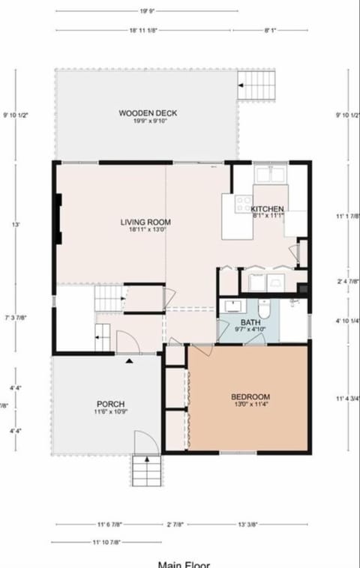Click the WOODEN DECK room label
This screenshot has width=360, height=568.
147,113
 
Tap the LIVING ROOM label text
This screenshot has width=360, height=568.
145,222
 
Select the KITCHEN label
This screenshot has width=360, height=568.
268,208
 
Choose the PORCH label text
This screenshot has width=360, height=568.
110,403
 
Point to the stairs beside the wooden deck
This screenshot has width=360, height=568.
256,84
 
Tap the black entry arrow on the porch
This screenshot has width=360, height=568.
130,361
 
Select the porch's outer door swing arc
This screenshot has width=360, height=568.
145,443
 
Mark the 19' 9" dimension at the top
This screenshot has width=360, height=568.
147,11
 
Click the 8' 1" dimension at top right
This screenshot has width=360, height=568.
271,31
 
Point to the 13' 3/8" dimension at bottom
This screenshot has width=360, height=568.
251,524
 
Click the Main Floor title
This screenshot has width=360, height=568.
184,564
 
